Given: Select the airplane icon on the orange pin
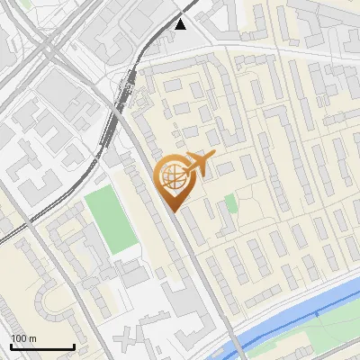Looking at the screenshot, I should click(x=200, y=165).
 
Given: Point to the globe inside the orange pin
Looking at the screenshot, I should click(x=173, y=177).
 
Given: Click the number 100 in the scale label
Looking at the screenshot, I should click(x=19, y=338).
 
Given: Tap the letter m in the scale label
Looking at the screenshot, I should click(x=32, y=338).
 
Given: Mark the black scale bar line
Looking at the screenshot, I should click(x=41, y=346).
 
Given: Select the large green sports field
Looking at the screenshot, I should click(x=110, y=219).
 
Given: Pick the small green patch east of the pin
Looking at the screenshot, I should click(x=231, y=202).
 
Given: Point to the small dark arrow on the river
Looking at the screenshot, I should click(x=317, y=313).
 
